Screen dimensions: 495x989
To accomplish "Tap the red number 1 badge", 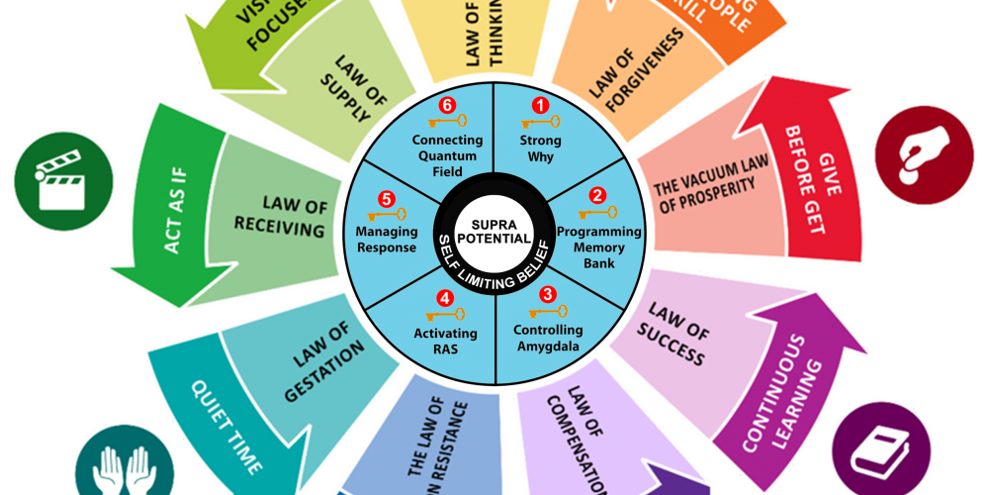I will point(540,105).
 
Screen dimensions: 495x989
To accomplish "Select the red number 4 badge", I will point(445,297).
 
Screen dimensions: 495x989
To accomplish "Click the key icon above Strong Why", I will point(540,123).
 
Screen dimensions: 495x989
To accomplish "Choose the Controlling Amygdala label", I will point(548,338).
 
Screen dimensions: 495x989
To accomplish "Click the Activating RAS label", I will point(445,341).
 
